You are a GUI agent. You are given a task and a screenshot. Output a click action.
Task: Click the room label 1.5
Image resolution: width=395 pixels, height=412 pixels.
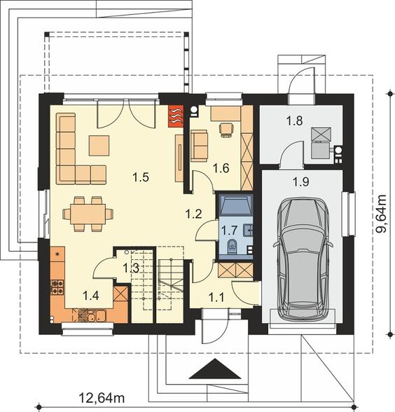pyautogui.click(x=141, y=177)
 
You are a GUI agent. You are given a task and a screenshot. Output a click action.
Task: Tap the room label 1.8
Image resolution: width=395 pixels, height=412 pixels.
pyautogui.click(x=294, y=121)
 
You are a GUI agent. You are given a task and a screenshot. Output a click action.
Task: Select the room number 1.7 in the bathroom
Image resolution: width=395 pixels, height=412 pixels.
pyautogui.click(x=229, y=231)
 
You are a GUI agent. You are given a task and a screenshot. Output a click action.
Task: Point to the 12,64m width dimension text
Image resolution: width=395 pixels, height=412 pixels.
pyautogui.click(x=102, y=398)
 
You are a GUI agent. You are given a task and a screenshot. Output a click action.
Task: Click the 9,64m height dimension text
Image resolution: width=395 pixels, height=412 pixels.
pyautogui.click(x=380, y=214)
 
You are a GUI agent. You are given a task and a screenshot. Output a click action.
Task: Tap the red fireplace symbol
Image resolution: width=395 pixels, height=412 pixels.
pyautogui.click(x=176, y=116)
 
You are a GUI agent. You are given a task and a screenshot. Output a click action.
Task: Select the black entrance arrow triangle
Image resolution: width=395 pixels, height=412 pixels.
pyautogui.click(x=215, y=369)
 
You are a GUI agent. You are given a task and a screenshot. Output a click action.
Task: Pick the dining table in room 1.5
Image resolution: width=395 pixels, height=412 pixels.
pyautogui.click(x=88, y=214)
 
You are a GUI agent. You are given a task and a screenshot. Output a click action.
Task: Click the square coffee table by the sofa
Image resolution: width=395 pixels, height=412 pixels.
pyautogui.click(x=99, y=145)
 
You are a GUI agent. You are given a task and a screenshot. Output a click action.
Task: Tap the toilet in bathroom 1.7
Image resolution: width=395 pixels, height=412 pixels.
pyautogui.click(x=232, y=246)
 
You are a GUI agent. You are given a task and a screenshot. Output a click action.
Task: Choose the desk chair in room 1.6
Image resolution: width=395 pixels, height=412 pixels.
pyautogui.click(x=226, y=130)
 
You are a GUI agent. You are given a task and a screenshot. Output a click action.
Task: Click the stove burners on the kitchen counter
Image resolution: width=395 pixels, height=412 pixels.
pyautogui.click(x=57, y=287)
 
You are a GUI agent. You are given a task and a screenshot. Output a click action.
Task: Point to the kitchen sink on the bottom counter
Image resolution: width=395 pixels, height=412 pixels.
pyautogui.click(x=92, y=315)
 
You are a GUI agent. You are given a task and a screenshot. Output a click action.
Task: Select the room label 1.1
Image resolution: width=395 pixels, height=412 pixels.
pyautogui.click(x=216, y=297)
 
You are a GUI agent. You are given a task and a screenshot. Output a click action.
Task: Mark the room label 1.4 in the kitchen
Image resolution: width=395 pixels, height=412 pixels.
pyautogui.click(x=90, y=296)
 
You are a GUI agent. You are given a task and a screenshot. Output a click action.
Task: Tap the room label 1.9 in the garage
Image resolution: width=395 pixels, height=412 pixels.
pyautogui.click(x=301, y=181)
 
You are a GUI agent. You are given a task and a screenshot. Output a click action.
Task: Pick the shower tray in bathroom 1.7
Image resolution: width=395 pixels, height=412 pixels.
pyautogui.click(x=235, y=204)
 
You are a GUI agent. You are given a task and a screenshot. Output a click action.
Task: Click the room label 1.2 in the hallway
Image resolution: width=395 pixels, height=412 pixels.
pyautogui.click(x=193, y=214)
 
